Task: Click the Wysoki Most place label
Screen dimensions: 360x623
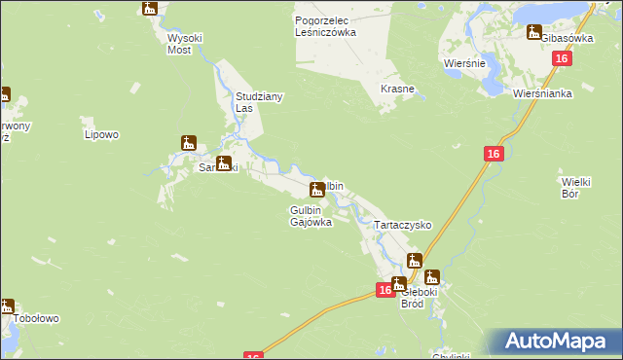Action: pyautogui.click(x=184, y=45)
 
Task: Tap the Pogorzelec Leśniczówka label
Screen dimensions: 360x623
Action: pyautogui.click(x=325, y=25)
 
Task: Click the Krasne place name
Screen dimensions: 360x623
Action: pyautogui.click(x=397, y=89)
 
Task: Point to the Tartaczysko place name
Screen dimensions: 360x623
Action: pyautogui.click(x=403, y=225)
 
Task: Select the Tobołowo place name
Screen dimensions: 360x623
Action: pyautogui.click(x=37, y=318)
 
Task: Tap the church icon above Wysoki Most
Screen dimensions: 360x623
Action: pyautogui.click(x=149, y=9)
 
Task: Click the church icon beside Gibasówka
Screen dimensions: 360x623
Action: pyautogui.click(x=533, y=32)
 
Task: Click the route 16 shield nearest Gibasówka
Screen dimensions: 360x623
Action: pyautogui.click(x=561, y=59)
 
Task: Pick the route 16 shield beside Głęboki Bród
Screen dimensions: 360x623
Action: pyautogui.click(x=385, y=289)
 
